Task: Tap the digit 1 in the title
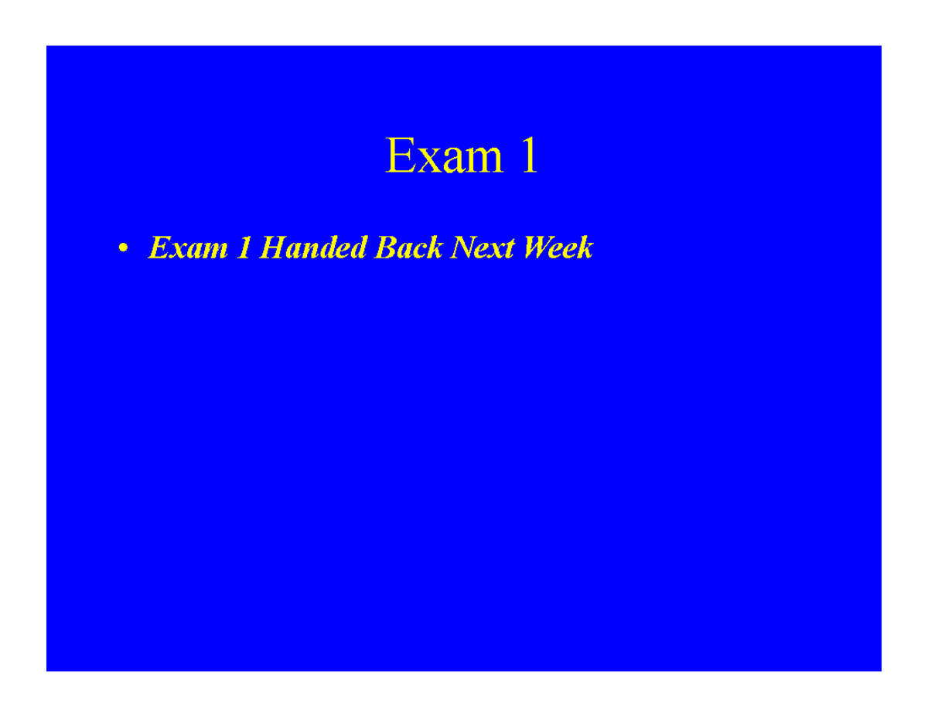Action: point(530,155)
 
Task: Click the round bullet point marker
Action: point(123,248)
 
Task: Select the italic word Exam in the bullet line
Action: point(188,248)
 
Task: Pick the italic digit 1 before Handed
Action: point(244,248)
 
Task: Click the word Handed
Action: point(313,247)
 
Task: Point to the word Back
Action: point(408,247)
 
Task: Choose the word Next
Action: point(483,248)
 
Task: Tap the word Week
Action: point(558,247)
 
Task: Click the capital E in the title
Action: point(400,155)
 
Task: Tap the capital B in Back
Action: point(385,248)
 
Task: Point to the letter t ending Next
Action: point(510,249)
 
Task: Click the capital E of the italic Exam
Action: point(159,248)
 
